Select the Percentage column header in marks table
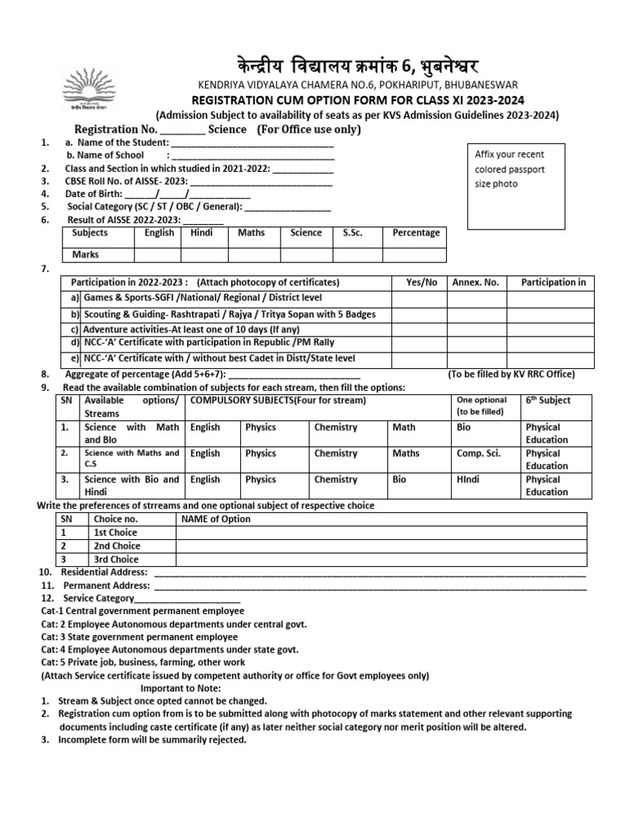tap(416, 233)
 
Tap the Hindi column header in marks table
tap(201, 233)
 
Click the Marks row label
tap(85, 254)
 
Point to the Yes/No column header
tap(421, 282)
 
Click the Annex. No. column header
tap(475, 282)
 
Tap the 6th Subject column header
tap(548, 401)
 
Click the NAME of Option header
tap(216, 519)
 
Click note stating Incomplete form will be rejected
tap(152, 740)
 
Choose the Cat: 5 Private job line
tap(144, 662)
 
